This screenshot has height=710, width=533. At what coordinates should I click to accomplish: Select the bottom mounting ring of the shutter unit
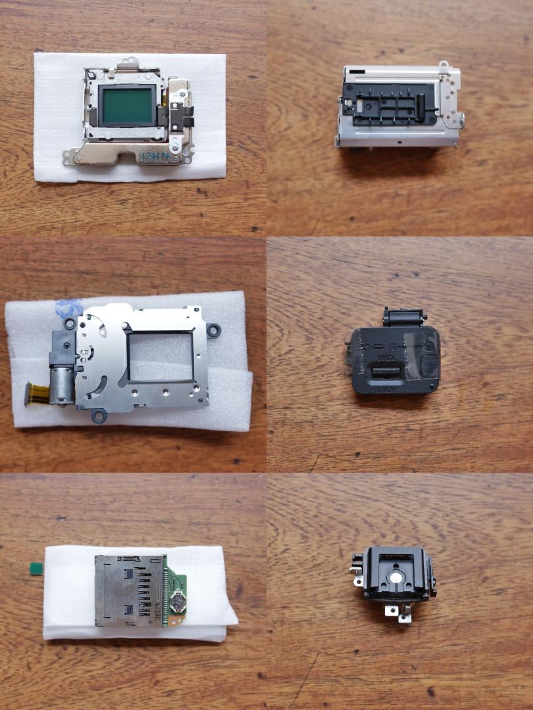[99, 415]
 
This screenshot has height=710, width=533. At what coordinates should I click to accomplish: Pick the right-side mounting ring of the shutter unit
[213, 329]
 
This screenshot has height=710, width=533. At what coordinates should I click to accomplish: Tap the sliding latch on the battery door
[385, 373]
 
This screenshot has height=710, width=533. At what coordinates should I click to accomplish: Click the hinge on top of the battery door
[404, 318]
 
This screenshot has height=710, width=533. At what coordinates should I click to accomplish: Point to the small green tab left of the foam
[32, 567]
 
